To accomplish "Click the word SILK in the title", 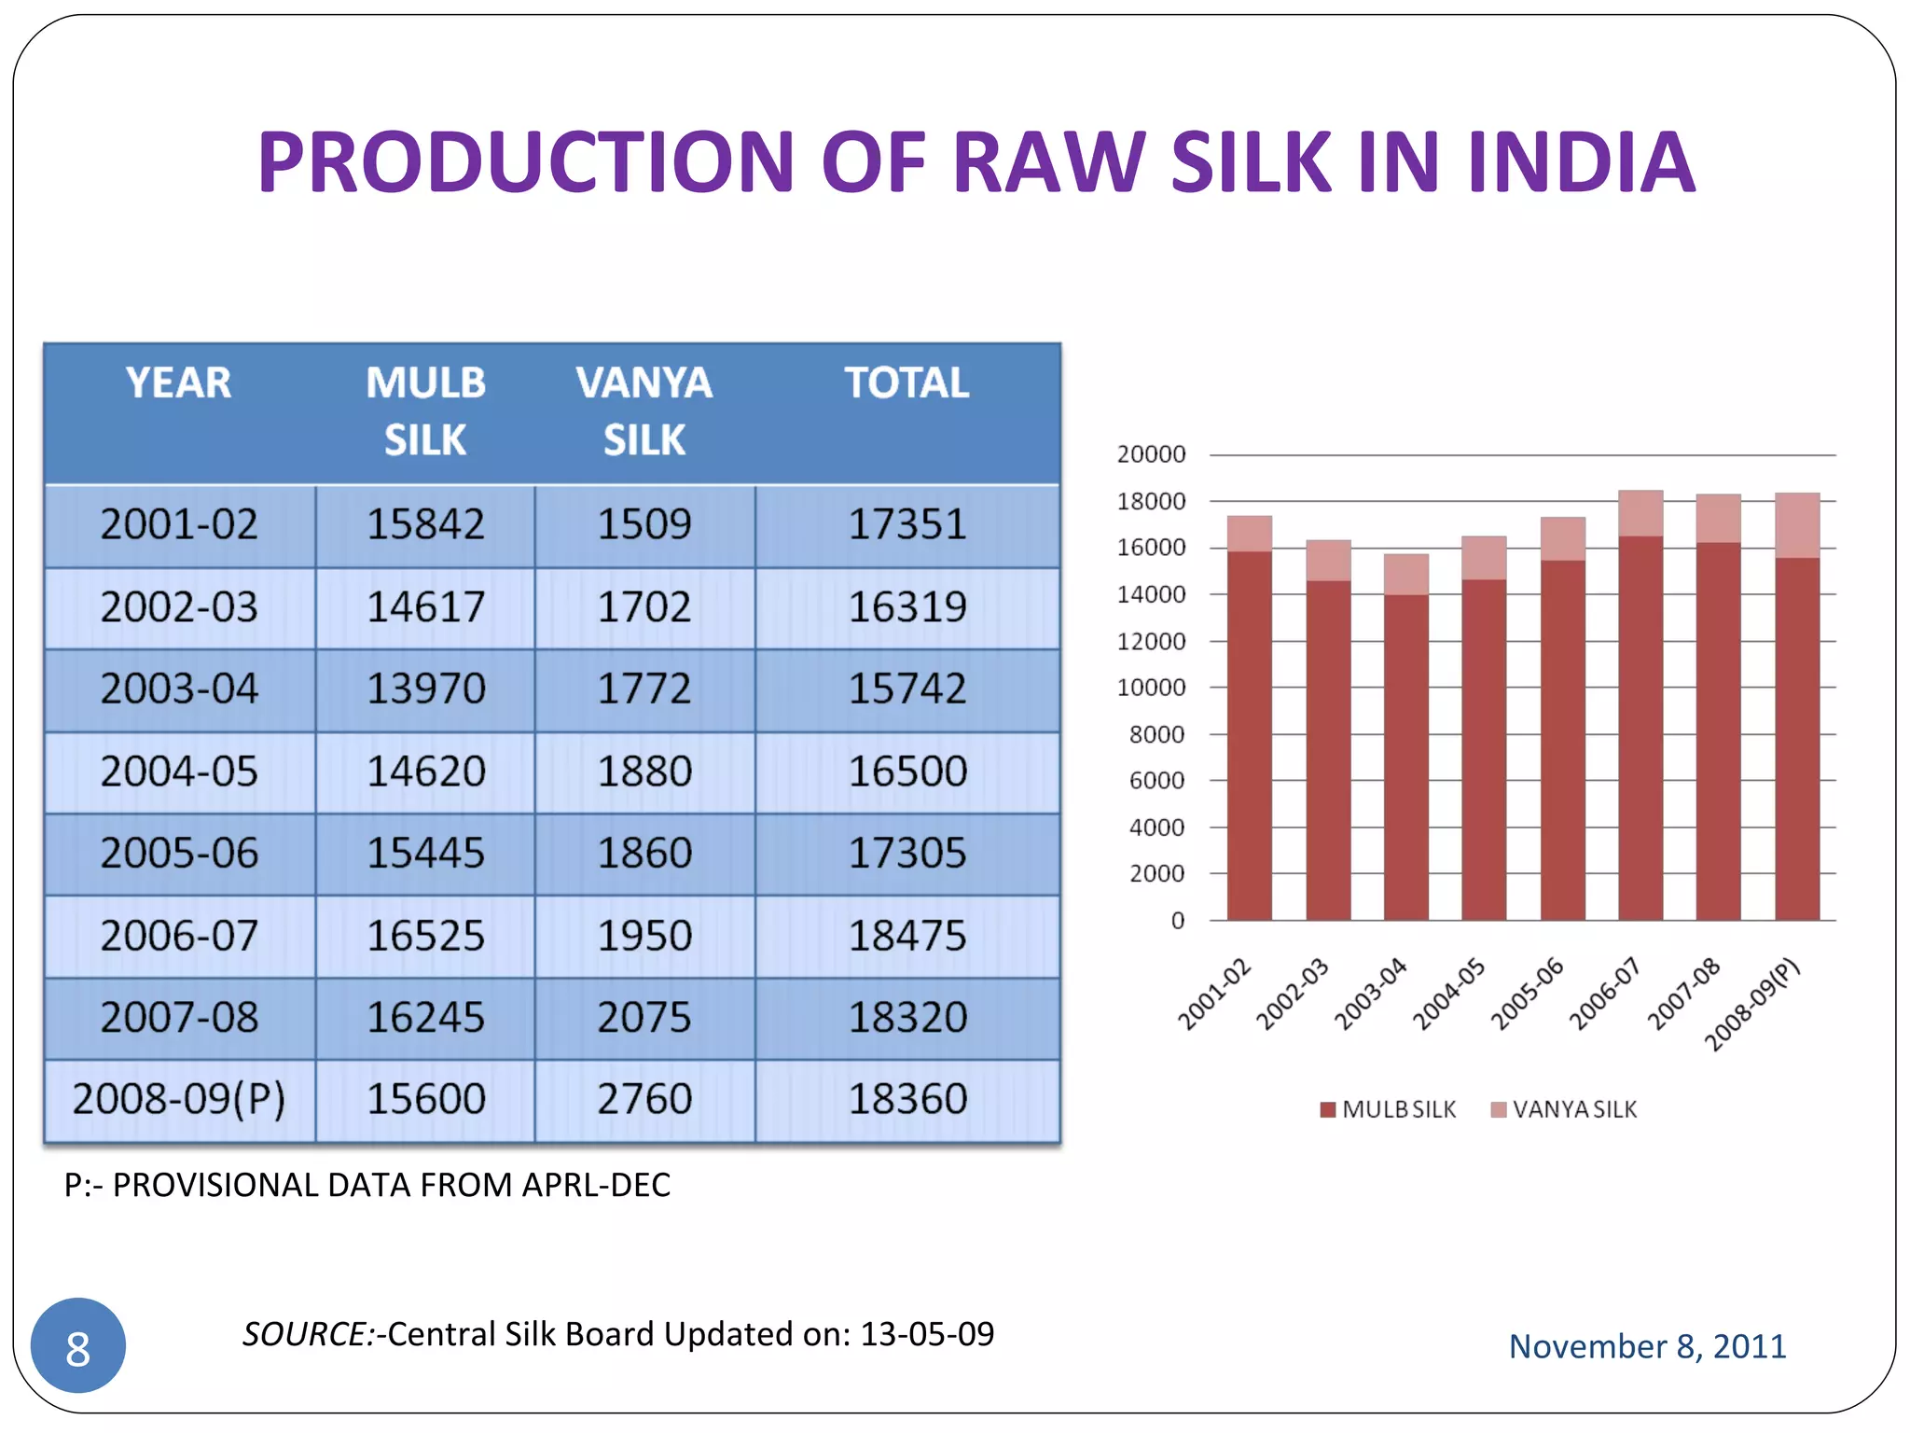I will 1251,162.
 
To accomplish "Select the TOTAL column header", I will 907,383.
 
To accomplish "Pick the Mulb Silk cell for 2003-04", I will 425,689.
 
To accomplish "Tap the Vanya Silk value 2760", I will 644,1099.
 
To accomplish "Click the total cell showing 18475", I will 907,936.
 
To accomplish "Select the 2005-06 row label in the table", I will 179,854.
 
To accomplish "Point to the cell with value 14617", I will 425,607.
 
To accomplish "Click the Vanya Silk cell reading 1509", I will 644,524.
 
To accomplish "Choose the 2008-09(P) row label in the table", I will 179,1099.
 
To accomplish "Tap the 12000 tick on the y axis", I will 1151,642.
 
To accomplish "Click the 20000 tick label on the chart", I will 1151,455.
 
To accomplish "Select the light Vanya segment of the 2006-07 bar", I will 1640,513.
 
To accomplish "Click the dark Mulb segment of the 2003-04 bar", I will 1405,756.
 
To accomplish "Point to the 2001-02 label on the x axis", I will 1214,995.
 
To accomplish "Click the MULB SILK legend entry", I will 1389,1109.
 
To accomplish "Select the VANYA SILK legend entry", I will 1565,1109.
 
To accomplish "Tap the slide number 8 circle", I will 78,1346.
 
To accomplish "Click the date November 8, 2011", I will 1647,1346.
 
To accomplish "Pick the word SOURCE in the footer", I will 307,1334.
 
